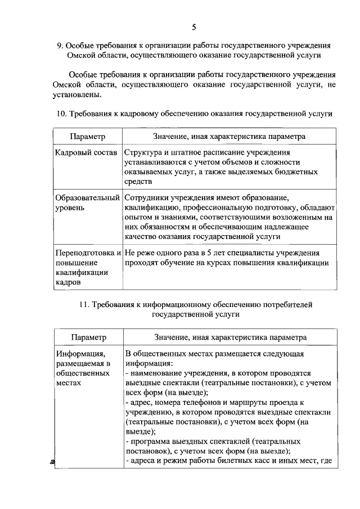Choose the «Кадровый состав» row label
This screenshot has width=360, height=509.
point(87,153)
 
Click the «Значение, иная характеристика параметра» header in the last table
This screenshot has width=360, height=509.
point(231,337)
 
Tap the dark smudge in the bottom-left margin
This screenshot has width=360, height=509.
point(52,461)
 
